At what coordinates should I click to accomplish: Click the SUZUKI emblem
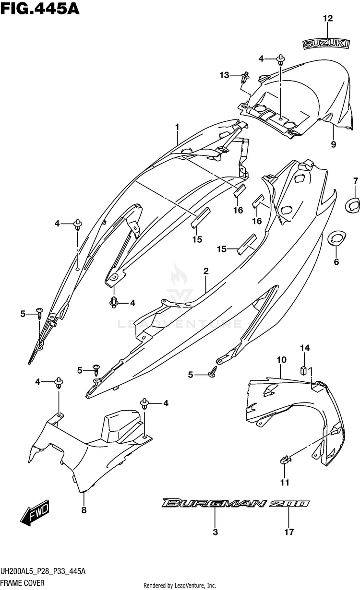tap(326, 44)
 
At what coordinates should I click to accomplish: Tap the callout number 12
tap(328, 18)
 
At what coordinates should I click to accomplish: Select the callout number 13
tap(225, 75)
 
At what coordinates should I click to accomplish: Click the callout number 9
tap(334, 144)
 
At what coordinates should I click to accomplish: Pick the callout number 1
tap(178, 127)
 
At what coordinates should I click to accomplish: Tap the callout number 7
tap(356, 181)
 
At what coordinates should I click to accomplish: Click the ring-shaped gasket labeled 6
tap(336, 238)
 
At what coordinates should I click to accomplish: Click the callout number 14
tap(305, 348)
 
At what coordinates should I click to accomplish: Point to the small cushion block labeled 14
tap(302, 370)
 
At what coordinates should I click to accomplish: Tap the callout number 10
tap(281, 360)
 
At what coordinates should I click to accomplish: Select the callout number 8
tap(84, 510)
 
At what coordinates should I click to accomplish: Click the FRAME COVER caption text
tap(23, 583)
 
